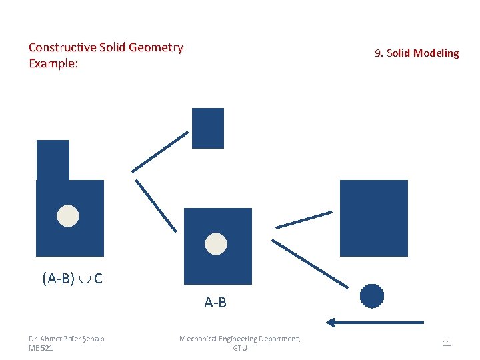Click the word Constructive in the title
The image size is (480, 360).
(61, 47)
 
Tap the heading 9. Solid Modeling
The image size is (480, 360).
(417, 53)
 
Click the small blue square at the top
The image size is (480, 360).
(208, 128)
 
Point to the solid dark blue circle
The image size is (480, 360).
(372, 296)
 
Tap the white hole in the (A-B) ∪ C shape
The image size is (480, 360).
(68, 215)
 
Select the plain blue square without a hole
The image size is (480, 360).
(373, 218)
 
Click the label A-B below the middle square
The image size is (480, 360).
(215, 303)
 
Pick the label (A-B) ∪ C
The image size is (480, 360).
(72, 279)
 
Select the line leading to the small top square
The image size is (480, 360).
(160, 151)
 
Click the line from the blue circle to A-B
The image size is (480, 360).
(310, 263)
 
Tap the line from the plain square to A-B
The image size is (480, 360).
(304, 219)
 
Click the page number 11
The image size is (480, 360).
(447, 343)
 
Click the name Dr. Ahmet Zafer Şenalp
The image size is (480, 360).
(67, 339)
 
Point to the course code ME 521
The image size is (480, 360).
(41, 348)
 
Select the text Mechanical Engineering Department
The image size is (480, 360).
(240, 339)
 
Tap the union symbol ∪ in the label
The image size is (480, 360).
(85, 279)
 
